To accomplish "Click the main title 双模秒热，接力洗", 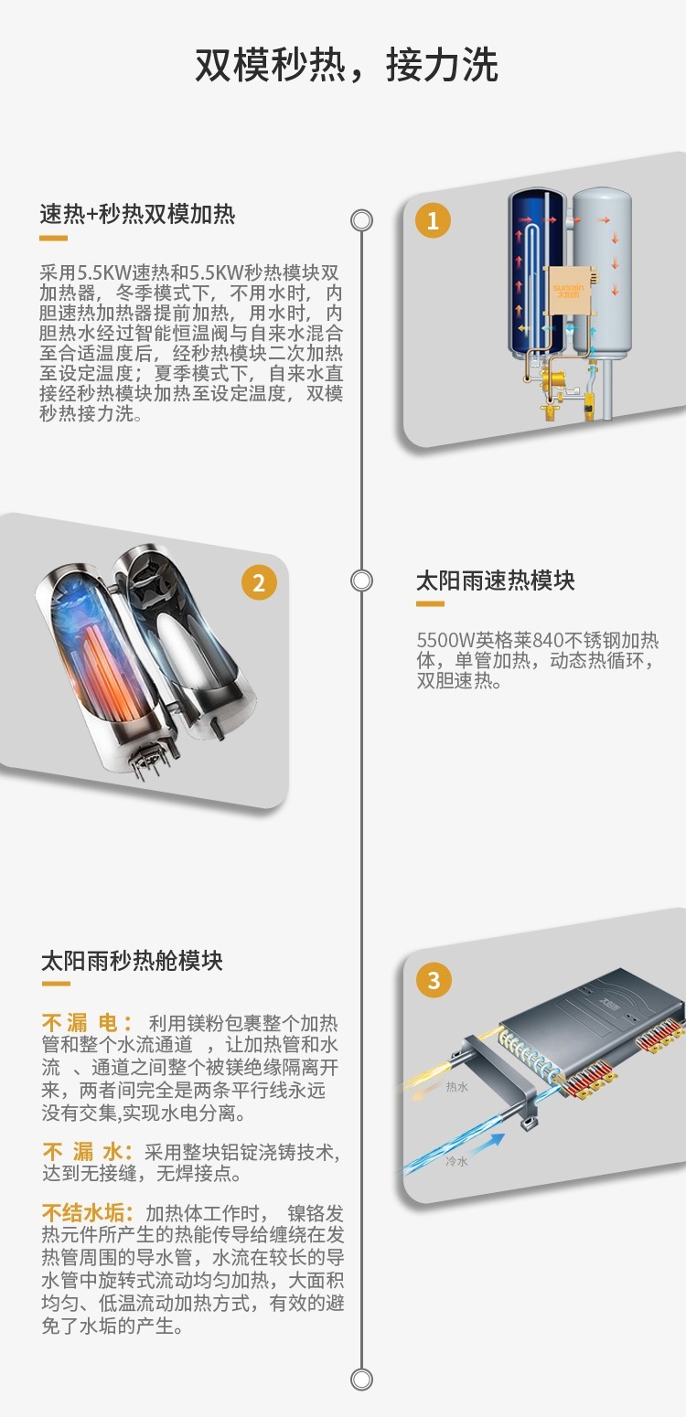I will pyautogui.click(x=346, y=66).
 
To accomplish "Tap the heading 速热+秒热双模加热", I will pyautogui.click(x=137, y=214).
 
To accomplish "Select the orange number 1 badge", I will pyautogui.click(x=433, y=220).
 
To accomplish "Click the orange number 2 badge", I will pyautogui.click(x=259, y=582).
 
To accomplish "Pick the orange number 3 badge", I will pyautogui.click(x=434, y=981).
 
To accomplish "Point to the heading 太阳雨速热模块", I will pyautogui.click(x=495, y=581).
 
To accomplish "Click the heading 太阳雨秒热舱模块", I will pyautogui.click(x=132, y=961).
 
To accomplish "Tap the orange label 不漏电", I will pyautogui.click(x=87, y=1022).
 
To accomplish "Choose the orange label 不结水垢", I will pyautogui.click(x=87, y=1213).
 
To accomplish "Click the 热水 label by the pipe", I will pyautogui.click(x=456, y=1087).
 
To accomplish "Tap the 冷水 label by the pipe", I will pyautogui.click(x=456, y=1161).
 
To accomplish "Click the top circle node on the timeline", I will pyautogui.click(x=362, y=220).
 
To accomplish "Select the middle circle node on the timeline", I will pyautogui.click(x=362, y=581).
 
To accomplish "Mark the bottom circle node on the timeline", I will pyautogui.click(x=362, y=1380).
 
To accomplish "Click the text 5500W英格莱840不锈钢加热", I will pyautogui.click(x=537, y=640).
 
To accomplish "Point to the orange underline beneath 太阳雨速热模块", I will pyautogui.click(x=430, y=604).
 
